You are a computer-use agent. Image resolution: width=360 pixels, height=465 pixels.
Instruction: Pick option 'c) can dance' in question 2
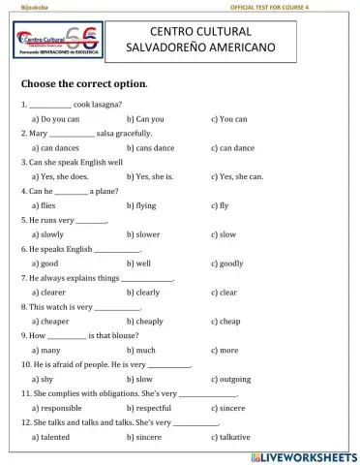pos(232,147)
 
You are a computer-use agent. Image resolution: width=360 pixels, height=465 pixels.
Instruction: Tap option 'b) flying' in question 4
pos(144,205)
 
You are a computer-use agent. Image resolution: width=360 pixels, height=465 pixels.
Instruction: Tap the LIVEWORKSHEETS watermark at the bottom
pos(303,454)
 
